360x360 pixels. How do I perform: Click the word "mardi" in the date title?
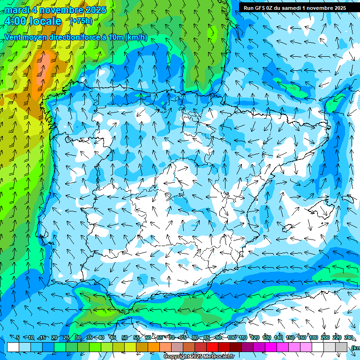point(17,10)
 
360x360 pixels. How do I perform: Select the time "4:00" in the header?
point(15,21)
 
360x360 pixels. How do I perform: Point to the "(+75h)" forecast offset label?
point(81,21)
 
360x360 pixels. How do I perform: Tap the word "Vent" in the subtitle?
point(13,37)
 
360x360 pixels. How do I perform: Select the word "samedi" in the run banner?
point(295,7)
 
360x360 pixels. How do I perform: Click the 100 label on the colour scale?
point(232,338)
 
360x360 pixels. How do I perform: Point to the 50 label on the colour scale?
point(124,338)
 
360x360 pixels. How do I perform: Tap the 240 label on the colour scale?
point(349,338)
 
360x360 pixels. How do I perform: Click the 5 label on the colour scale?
point(18,338)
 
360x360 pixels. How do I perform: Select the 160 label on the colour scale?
point(302,338)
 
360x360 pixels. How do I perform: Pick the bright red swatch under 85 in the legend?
point(212,347)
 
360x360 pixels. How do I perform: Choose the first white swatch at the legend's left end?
point(13,347)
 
